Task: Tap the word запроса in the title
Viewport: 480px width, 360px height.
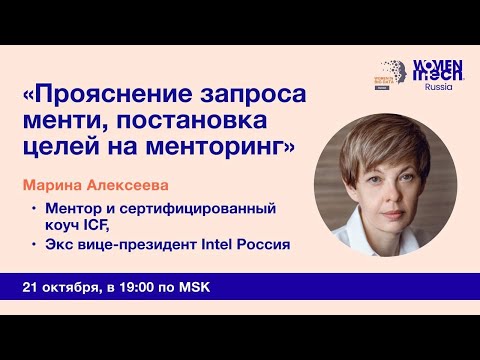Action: coord(248,97)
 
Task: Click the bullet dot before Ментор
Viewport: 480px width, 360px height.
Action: coord(34,208)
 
